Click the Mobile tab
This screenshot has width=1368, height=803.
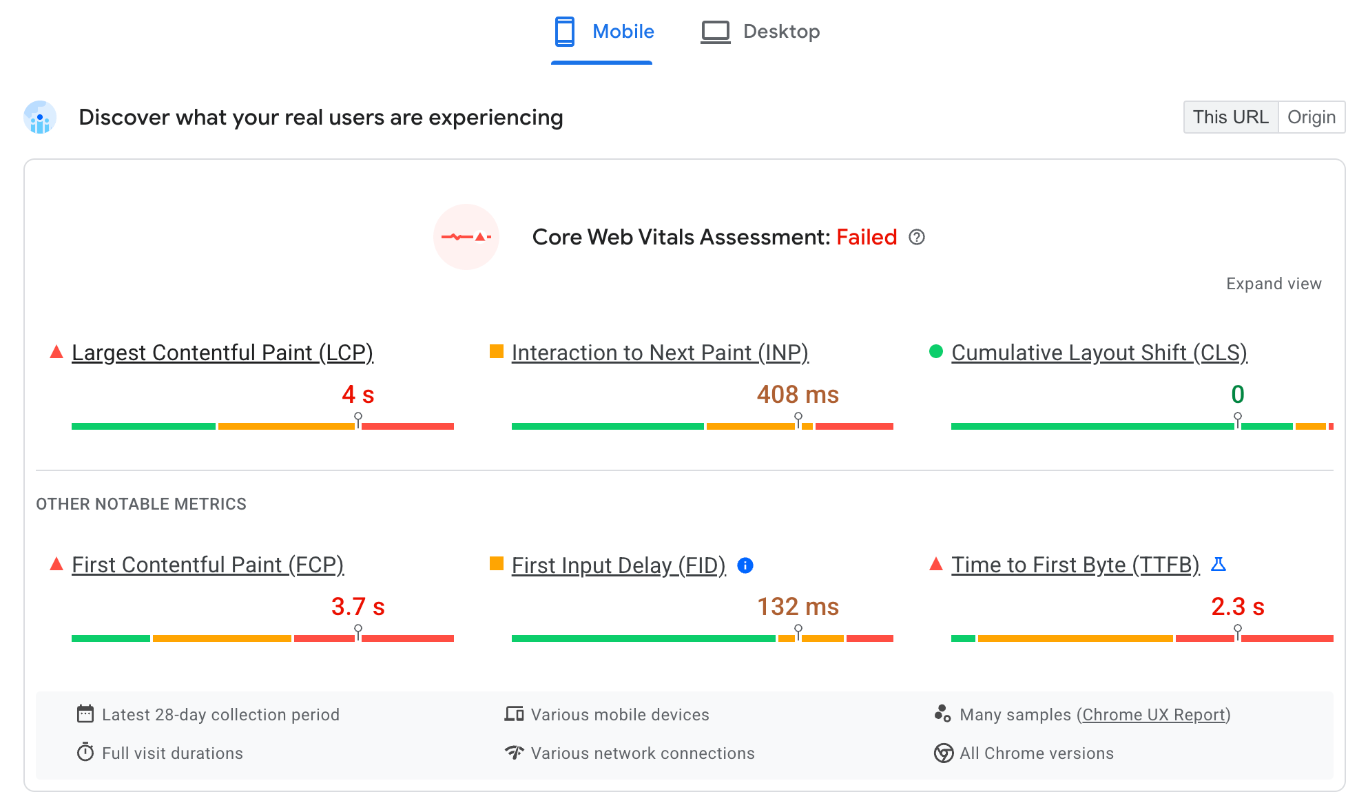(x=604, y=32)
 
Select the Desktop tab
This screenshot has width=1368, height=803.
(x=760, y=32)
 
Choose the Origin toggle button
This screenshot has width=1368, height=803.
(x=1311, y=117)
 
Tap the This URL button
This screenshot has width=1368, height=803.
(x=1230, y=117)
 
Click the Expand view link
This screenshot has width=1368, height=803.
(x=1273, y=284)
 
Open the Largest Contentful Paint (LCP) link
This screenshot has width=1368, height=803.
(x=222, y=353)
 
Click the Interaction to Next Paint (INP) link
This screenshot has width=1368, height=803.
(x=659, y=353)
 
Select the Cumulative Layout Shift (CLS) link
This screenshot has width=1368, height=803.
(x=1099, y=353)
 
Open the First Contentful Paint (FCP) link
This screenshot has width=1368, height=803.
(x=207, y=565)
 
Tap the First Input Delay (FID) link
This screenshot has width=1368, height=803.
(x=618, y=565)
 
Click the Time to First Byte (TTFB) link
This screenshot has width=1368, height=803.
(x=1075, y=565)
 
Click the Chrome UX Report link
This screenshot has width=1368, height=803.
(x=1154, y=715)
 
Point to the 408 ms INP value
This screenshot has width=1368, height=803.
(x=797, y=395)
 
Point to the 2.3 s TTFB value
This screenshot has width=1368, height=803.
(x=1237, y=607)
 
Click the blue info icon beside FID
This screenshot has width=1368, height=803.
(x=745, y=565)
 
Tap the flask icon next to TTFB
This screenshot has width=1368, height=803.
(x=1218, y=565)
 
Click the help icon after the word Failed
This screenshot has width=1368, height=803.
(x=916, y=238)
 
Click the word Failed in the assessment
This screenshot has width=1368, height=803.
(x=866, y=238)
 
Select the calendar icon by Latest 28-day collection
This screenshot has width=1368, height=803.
(x=85, y=714)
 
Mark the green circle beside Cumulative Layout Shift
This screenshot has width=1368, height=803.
(x=935, y=352)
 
